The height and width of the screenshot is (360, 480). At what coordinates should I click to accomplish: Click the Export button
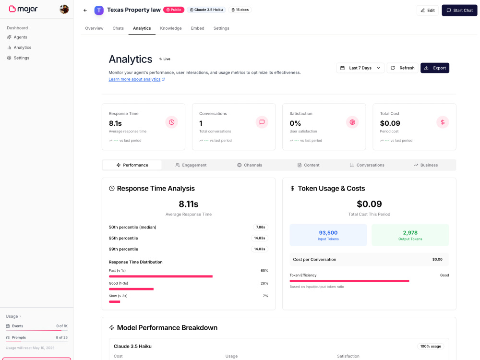[x=435, y=68]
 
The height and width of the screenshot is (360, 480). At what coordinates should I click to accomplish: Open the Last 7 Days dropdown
[x=360, y=68]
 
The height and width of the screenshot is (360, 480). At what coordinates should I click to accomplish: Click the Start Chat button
[x=459, y=11]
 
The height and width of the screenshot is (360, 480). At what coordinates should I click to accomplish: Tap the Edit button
[x=428, y=11]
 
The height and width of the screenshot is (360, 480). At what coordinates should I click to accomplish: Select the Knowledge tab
[x=171, y=28]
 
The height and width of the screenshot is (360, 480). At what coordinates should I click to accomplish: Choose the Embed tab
[x=197, y=28]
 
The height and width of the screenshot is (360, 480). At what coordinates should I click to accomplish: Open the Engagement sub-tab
[x=191, y=165]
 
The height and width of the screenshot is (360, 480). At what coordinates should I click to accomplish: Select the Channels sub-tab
[x=250, y=165]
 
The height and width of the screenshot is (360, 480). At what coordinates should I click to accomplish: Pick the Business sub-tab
[x=426, y=165]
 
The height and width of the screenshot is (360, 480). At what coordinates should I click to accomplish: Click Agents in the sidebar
[x=20, y=37]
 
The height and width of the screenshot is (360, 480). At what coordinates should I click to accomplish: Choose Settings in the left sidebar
[x=22, y=58]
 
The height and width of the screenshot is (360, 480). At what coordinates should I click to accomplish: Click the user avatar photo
[x=64, y=9]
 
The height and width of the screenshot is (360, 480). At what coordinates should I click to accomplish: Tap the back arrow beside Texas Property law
[x=85, y=11]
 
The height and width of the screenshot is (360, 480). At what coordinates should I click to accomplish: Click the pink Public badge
[x=174, y=10]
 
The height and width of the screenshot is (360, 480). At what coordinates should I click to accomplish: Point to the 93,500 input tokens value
[x=328, y=233]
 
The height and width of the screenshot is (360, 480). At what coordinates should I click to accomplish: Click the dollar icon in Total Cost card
[x=443, y=122]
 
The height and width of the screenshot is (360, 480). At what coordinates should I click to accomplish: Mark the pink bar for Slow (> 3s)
[x=115, y=302]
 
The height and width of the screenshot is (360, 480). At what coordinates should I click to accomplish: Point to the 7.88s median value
[x=261, y=227]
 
